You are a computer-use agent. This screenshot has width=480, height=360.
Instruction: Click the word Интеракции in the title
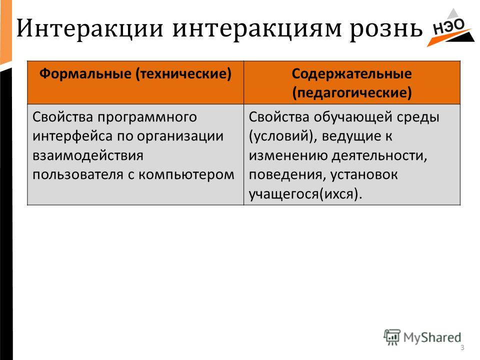click(89, 28)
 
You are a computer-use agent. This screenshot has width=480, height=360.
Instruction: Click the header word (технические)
click(183, 74)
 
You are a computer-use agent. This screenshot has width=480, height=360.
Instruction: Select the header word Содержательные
click(351, 74)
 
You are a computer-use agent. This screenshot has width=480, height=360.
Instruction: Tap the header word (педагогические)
click(351, 93)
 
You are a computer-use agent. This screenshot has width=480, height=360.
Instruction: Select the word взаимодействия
click(88, 156)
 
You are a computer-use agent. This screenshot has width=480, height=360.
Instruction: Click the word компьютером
click(186, 175)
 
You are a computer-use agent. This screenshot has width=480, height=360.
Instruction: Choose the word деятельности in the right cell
click(379, 156)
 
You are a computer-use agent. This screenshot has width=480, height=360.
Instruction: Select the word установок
click(364, 175)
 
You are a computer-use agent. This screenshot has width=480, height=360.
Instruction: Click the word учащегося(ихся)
click(305, 194)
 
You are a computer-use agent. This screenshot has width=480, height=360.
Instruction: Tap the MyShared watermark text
click(432, 337)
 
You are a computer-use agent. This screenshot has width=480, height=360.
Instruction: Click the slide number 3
click(462, 348)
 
